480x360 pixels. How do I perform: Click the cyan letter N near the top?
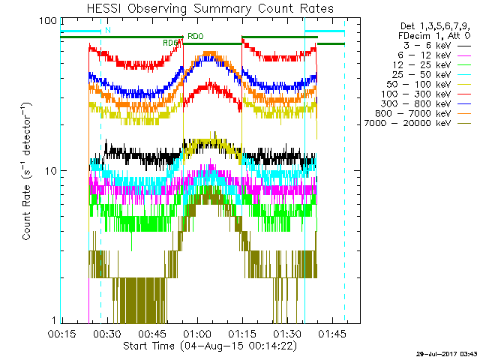pyautogui.click(x=108, y=29)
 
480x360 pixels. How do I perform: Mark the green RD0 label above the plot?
pyautogui.click(x=195, y=36)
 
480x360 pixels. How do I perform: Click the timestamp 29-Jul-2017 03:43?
pyautogui.click(x=447, y=352)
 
